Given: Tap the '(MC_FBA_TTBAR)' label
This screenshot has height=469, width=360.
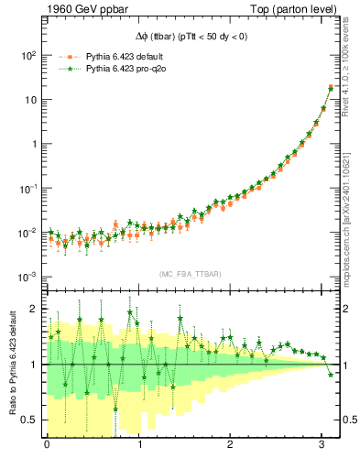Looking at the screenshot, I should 188,275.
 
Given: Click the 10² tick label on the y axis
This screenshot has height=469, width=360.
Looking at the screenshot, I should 27,55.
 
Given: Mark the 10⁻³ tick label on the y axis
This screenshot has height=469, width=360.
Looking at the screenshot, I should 27,277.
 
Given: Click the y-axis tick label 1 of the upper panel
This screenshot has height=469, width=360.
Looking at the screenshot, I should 33,144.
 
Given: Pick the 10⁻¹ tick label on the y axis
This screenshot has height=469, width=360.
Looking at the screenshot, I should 27,189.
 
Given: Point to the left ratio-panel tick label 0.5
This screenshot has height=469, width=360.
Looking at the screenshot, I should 31,420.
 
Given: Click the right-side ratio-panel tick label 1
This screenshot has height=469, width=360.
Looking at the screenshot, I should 344,365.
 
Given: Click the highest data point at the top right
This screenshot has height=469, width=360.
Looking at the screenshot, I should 330,88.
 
